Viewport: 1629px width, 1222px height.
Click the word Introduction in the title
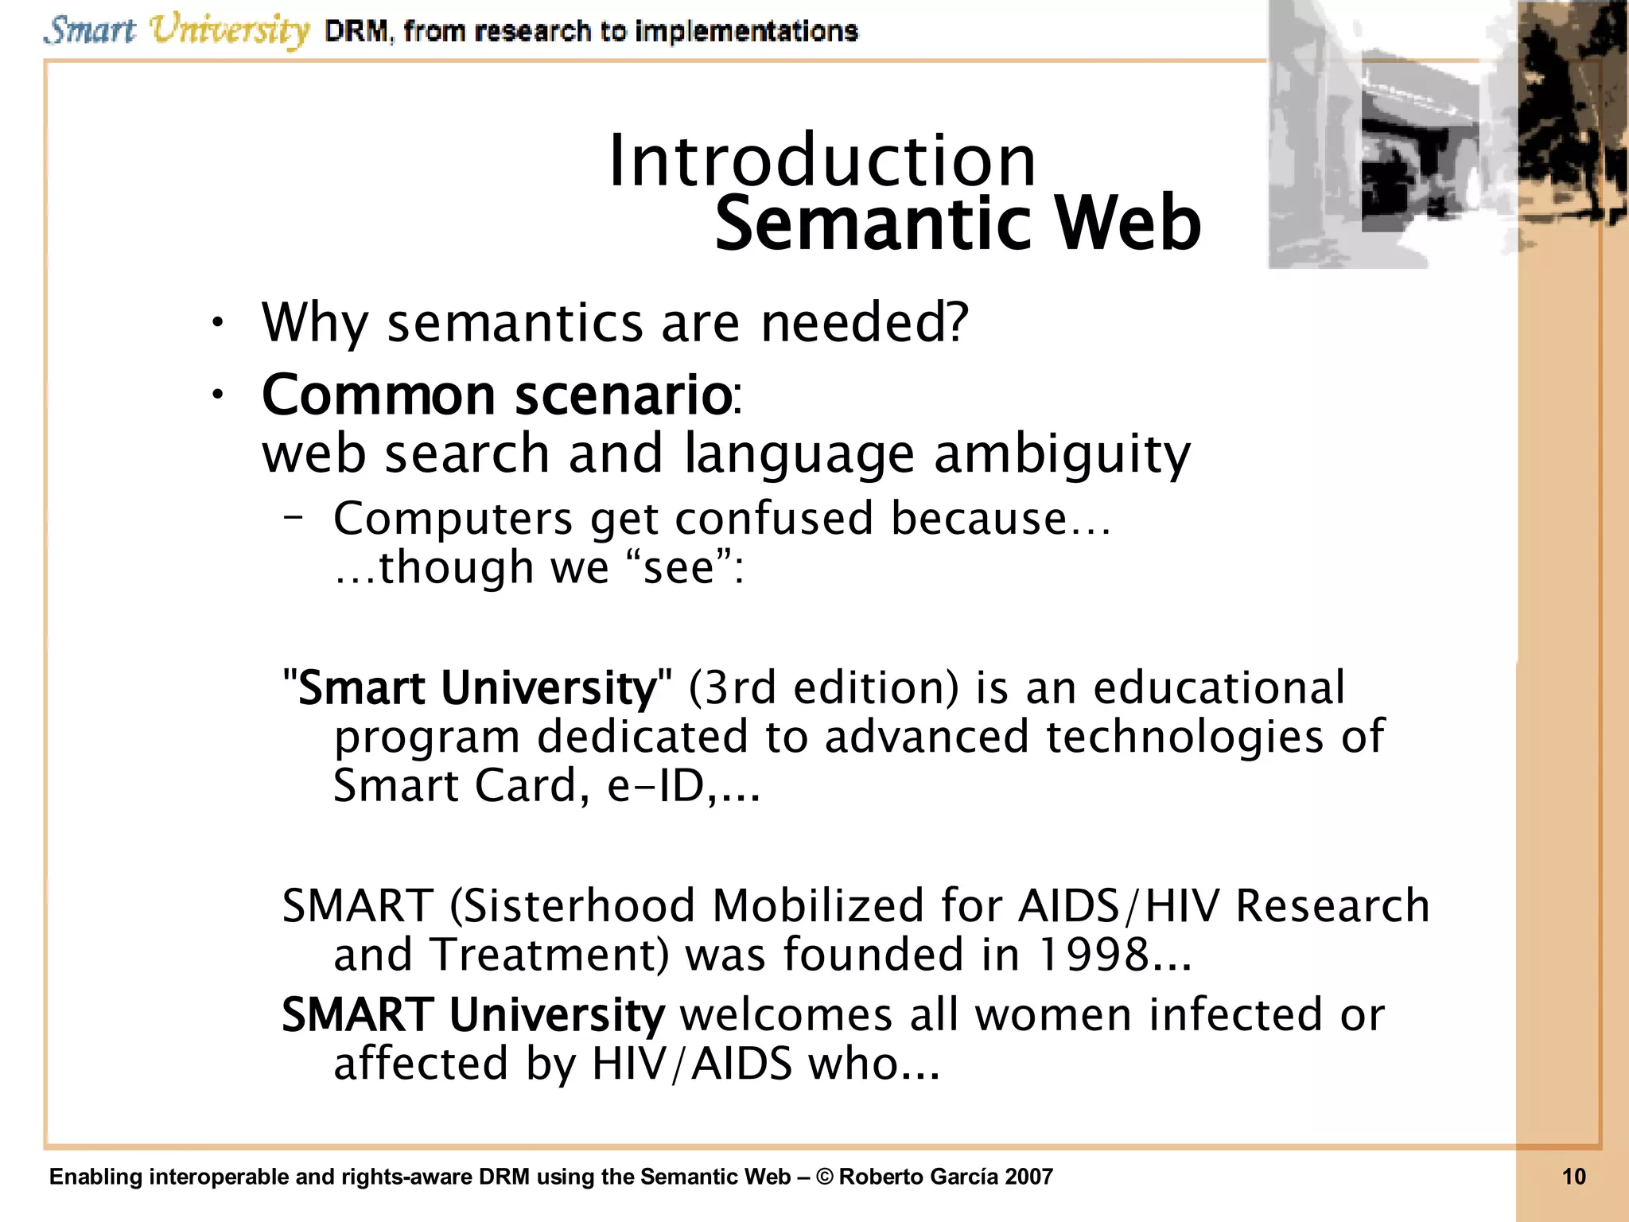(x=822, y=161)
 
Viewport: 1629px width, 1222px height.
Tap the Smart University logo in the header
(x=177, y=30)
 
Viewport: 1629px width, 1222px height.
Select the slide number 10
(x=1573, y=1177)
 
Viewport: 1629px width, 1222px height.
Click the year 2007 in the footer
(x=1028, y=1177)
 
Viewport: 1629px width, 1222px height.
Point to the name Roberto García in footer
(x=919, y=1177)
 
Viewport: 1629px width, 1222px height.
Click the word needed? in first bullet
(x=865, y=323)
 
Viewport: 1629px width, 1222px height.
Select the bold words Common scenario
(x=496, y=395)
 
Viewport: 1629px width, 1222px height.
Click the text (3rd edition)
(x=824, y=687)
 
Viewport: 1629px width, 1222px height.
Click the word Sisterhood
(x=574, y=905)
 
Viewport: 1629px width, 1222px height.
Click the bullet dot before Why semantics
(x=217, y=323)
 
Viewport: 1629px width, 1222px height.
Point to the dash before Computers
(x=293, y=518)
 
